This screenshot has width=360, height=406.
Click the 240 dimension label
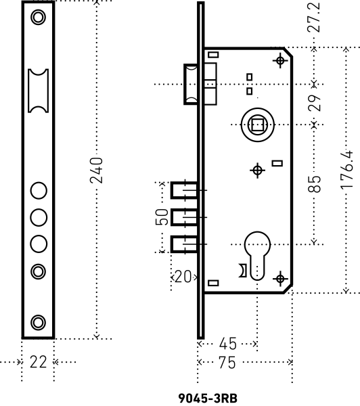(96, 170)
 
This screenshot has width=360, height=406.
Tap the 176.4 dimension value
(347, 169)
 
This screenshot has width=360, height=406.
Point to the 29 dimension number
(314, 104)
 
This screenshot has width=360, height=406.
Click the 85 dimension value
(314, 183)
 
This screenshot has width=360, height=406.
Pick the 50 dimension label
(162, 217)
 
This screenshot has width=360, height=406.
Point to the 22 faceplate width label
(39, 362)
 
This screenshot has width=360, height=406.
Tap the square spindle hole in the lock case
(258, 124)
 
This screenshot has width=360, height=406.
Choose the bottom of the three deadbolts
(183, 244)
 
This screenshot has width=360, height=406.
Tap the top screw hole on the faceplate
(39, 16)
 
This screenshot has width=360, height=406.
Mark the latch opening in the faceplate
(39, 90)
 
